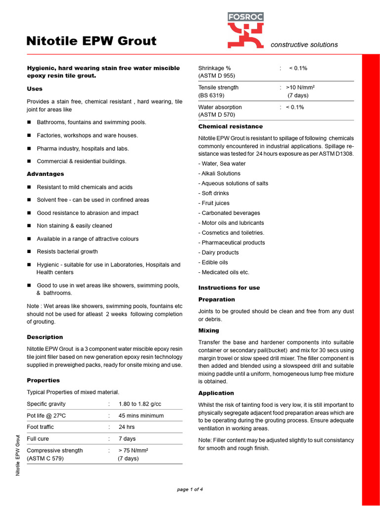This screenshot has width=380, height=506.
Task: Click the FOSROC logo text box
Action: [x=245, y=17]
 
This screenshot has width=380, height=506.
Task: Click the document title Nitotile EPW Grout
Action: [x=92, y=41]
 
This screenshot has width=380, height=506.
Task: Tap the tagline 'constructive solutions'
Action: [x=304, y=44]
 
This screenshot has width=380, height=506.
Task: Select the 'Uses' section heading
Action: [x=35, y=89]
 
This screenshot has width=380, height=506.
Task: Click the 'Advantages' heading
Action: [x=45, y=174]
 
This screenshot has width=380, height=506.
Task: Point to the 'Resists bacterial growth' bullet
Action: [x=67, y=252]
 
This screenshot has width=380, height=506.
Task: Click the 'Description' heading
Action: [x=45, y=337]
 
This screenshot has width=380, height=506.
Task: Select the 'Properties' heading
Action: [x=43, y=380]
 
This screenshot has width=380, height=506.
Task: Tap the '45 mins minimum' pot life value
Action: [x=141, y=416]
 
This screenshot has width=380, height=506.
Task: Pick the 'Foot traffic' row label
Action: [x=41, y=427]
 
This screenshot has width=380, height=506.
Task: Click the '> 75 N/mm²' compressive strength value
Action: [x=134, y=451]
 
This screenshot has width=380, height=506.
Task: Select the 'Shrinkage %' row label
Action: [x=214, y=68]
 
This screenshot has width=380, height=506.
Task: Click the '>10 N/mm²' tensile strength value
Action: [x=300, y=87]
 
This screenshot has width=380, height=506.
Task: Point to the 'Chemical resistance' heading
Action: [x=231, y=126]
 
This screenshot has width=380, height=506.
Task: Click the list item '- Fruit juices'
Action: [x=214, y=203]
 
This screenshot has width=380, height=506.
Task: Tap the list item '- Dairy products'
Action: [x=218, y=253]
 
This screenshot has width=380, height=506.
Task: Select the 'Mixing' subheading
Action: [x=208, y=331]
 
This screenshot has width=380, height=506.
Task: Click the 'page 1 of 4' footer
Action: [x=190, y=490]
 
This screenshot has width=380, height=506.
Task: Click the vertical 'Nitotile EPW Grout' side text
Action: [x=18, y=455]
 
